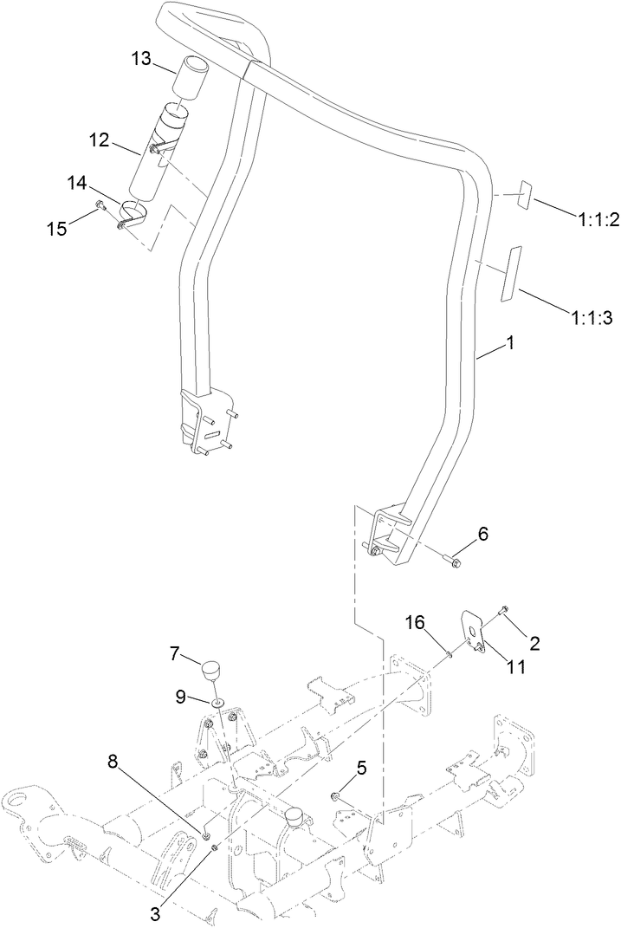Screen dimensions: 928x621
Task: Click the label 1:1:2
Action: click(597, 220)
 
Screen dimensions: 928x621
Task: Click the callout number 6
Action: click(482, 534)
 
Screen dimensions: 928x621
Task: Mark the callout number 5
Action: click(362, 767)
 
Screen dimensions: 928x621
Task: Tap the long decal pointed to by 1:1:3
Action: click(510, 273)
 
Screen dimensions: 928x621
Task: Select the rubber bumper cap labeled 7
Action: click(211, 670)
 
